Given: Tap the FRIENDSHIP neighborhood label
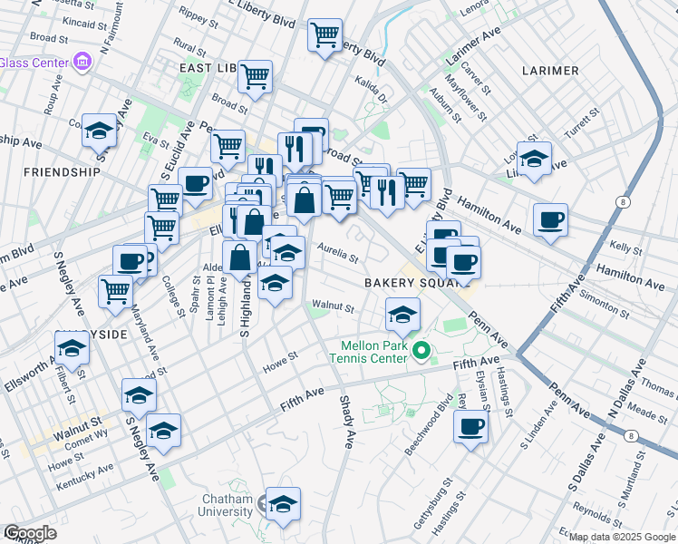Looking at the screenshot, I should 62,171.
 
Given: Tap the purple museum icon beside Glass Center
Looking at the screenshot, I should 83,62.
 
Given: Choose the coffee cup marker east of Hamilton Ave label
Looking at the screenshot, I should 550,219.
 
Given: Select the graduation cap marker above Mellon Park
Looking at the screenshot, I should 403,314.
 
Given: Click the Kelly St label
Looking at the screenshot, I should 625,246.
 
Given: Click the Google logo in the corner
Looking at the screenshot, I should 30,533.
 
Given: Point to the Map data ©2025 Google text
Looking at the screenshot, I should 622,537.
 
